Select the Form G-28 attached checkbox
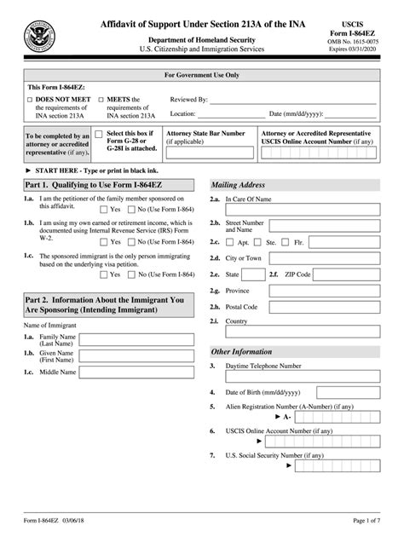tap(100, 135)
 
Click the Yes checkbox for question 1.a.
tap(105, 208)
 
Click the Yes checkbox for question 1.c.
tap(105, 274)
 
